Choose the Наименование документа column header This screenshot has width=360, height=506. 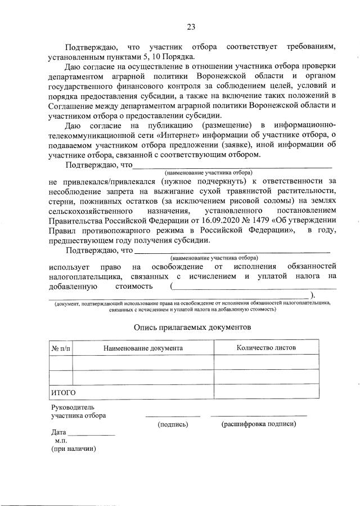tap(143, 349)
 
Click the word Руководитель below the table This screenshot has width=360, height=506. tap(73, 406)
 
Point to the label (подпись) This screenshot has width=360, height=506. tap(173, 424)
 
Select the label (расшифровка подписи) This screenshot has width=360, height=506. tap(259, 424)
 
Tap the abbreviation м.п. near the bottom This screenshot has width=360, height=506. tap(61, 441)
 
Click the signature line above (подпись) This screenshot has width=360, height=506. tap(173, 416)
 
